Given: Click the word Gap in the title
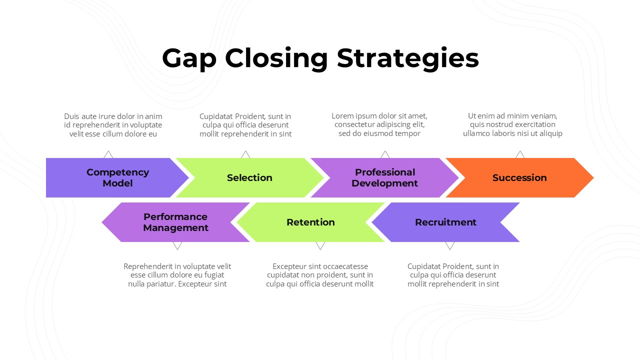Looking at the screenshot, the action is click(189, 59).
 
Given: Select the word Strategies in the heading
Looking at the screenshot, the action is click(407, 59).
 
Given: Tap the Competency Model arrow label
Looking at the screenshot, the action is click(117, 177).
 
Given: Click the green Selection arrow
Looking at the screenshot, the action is click(249, 177).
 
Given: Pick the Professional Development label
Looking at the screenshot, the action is click(384, 177).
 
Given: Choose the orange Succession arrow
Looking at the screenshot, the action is click(519, 177).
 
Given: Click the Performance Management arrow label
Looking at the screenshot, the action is click(175, 222).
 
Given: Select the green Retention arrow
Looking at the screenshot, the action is click(310, 222).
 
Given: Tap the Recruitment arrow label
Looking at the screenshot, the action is click(445, 222).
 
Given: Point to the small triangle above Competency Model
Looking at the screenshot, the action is click(108, 154).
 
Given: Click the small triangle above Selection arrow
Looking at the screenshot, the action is click(245, 154).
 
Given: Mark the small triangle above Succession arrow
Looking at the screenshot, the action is click(520, 154).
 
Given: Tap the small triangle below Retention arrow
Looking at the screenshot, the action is click(320, 245).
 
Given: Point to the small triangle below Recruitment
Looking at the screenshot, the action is click(450, 245).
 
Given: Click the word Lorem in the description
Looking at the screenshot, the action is click(341, 116).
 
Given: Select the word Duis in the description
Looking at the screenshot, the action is click(71, 116).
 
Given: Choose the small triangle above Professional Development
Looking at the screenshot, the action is click(385, 154).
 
